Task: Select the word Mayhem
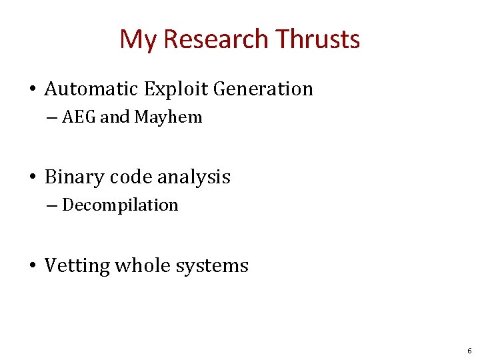click(x=168, y=118)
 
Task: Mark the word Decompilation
click(x=120, y=205)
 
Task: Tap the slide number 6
click(x=469, y=350)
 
